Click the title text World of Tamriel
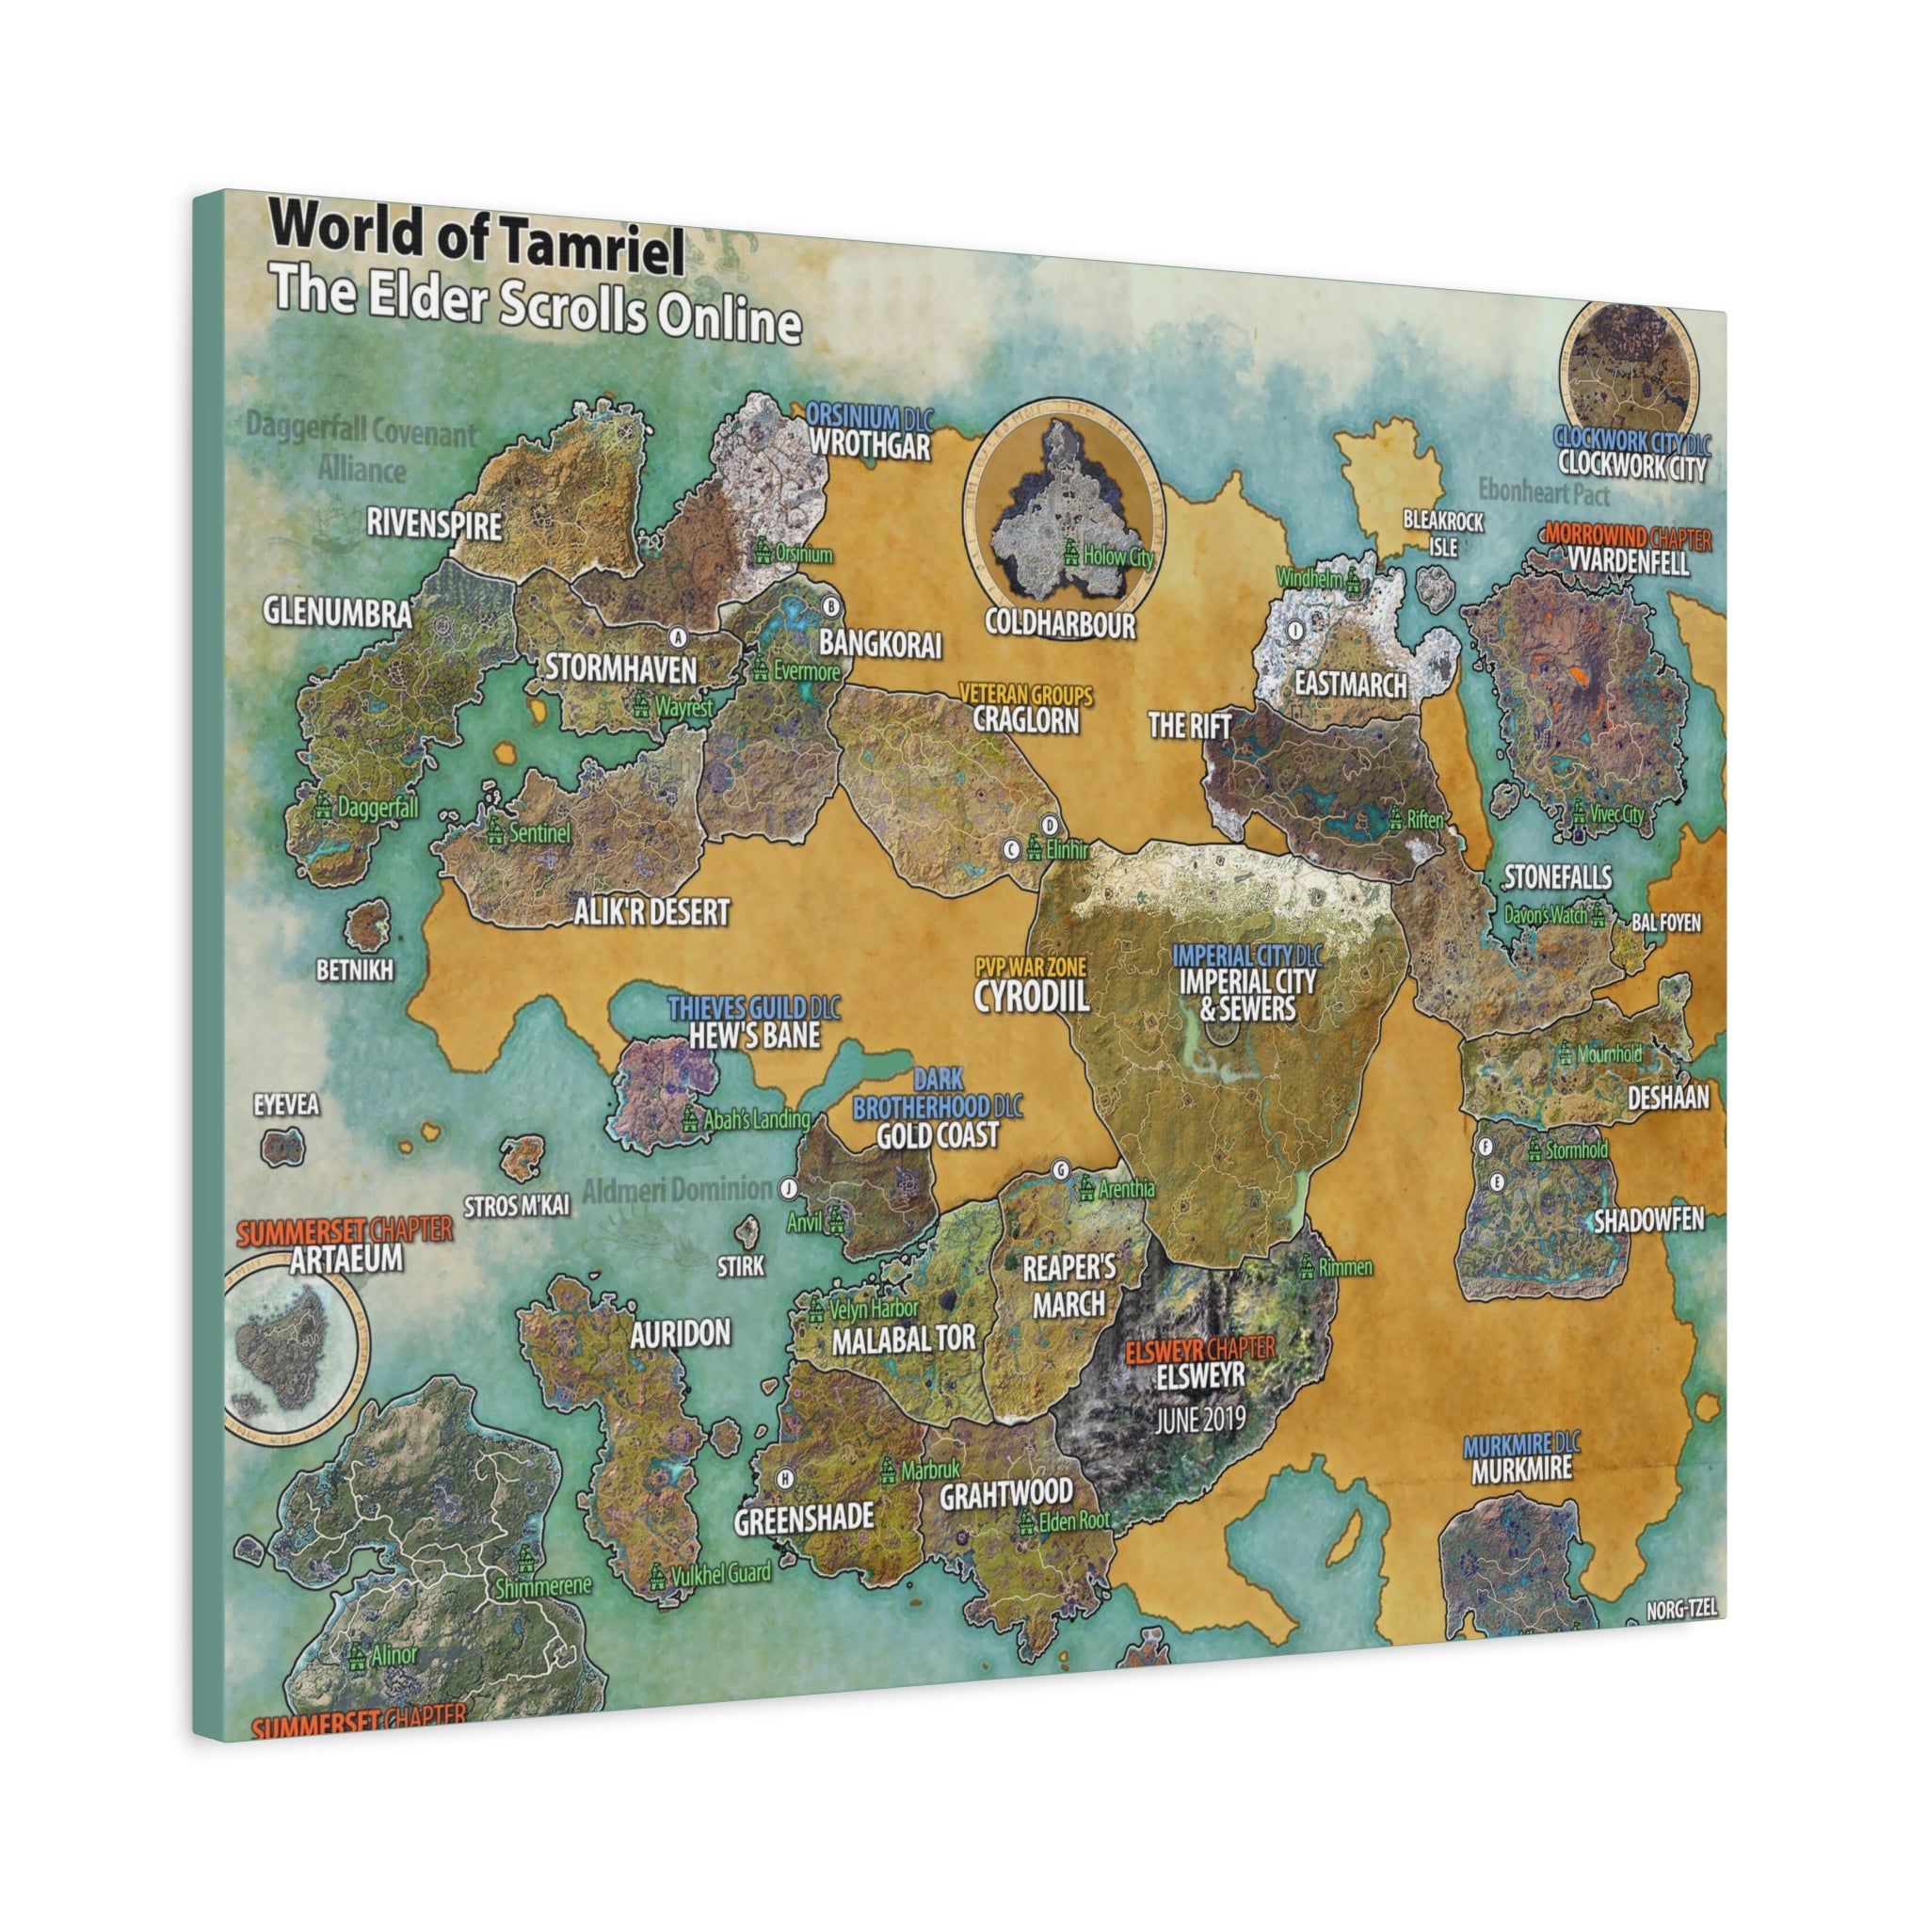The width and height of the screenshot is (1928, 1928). point(477,239)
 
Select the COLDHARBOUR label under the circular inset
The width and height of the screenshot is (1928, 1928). point(1060,625)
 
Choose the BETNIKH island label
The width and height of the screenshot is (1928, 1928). point(354,969)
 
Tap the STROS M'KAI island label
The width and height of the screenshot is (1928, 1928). point(517,1206)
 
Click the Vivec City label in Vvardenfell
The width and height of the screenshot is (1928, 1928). point(1617,814)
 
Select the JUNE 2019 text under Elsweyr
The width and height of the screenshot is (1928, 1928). point(1200,1420)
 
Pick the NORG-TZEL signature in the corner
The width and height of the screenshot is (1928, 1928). point(1681,1610)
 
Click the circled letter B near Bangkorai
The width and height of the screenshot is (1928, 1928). point(830,605)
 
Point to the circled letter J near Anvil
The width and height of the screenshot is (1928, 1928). point(788,1187)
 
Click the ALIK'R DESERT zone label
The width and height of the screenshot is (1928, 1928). point(651,911)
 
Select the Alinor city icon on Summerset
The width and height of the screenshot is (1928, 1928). point(356,1658)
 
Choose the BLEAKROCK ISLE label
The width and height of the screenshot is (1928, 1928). point(1443,534)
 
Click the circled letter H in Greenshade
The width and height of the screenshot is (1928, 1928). point(786,1478)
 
